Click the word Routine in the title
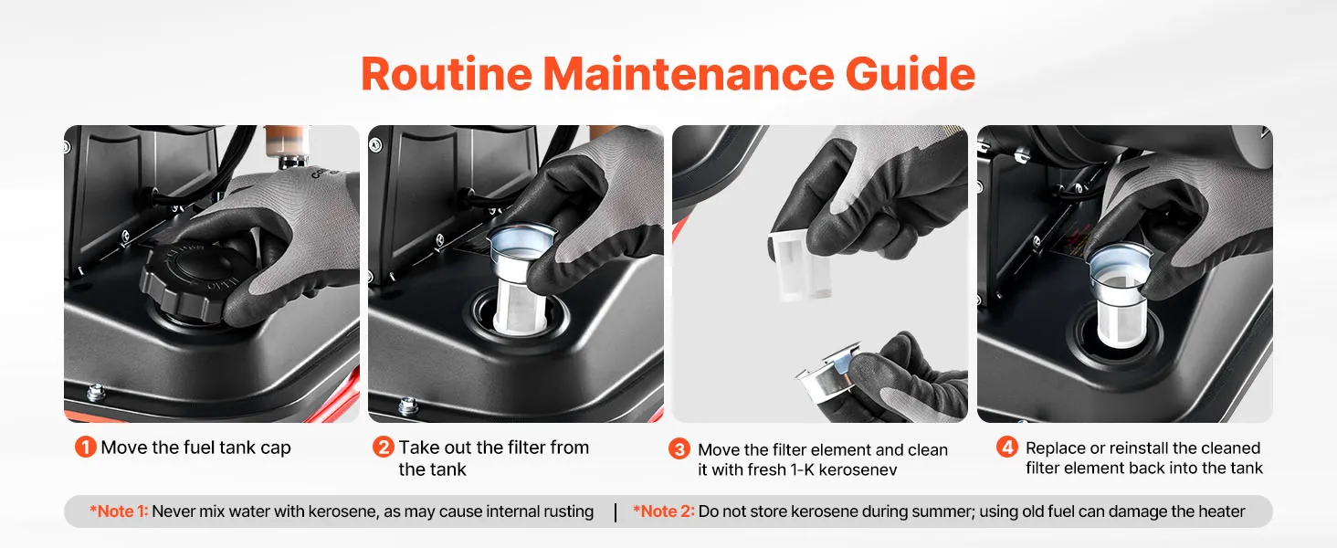coord(447,74)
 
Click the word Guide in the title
coord(910,74)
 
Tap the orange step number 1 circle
coord(85,448)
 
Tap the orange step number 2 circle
coord(384,448)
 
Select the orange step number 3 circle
coord(679,449)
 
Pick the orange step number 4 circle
coord(1007,448)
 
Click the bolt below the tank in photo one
coord(96,393)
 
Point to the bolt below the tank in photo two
coord(407,406)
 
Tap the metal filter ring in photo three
coord(829,376)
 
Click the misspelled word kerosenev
coord(858,469)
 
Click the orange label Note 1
coord(119,511)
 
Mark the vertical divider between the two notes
coord(616,512)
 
